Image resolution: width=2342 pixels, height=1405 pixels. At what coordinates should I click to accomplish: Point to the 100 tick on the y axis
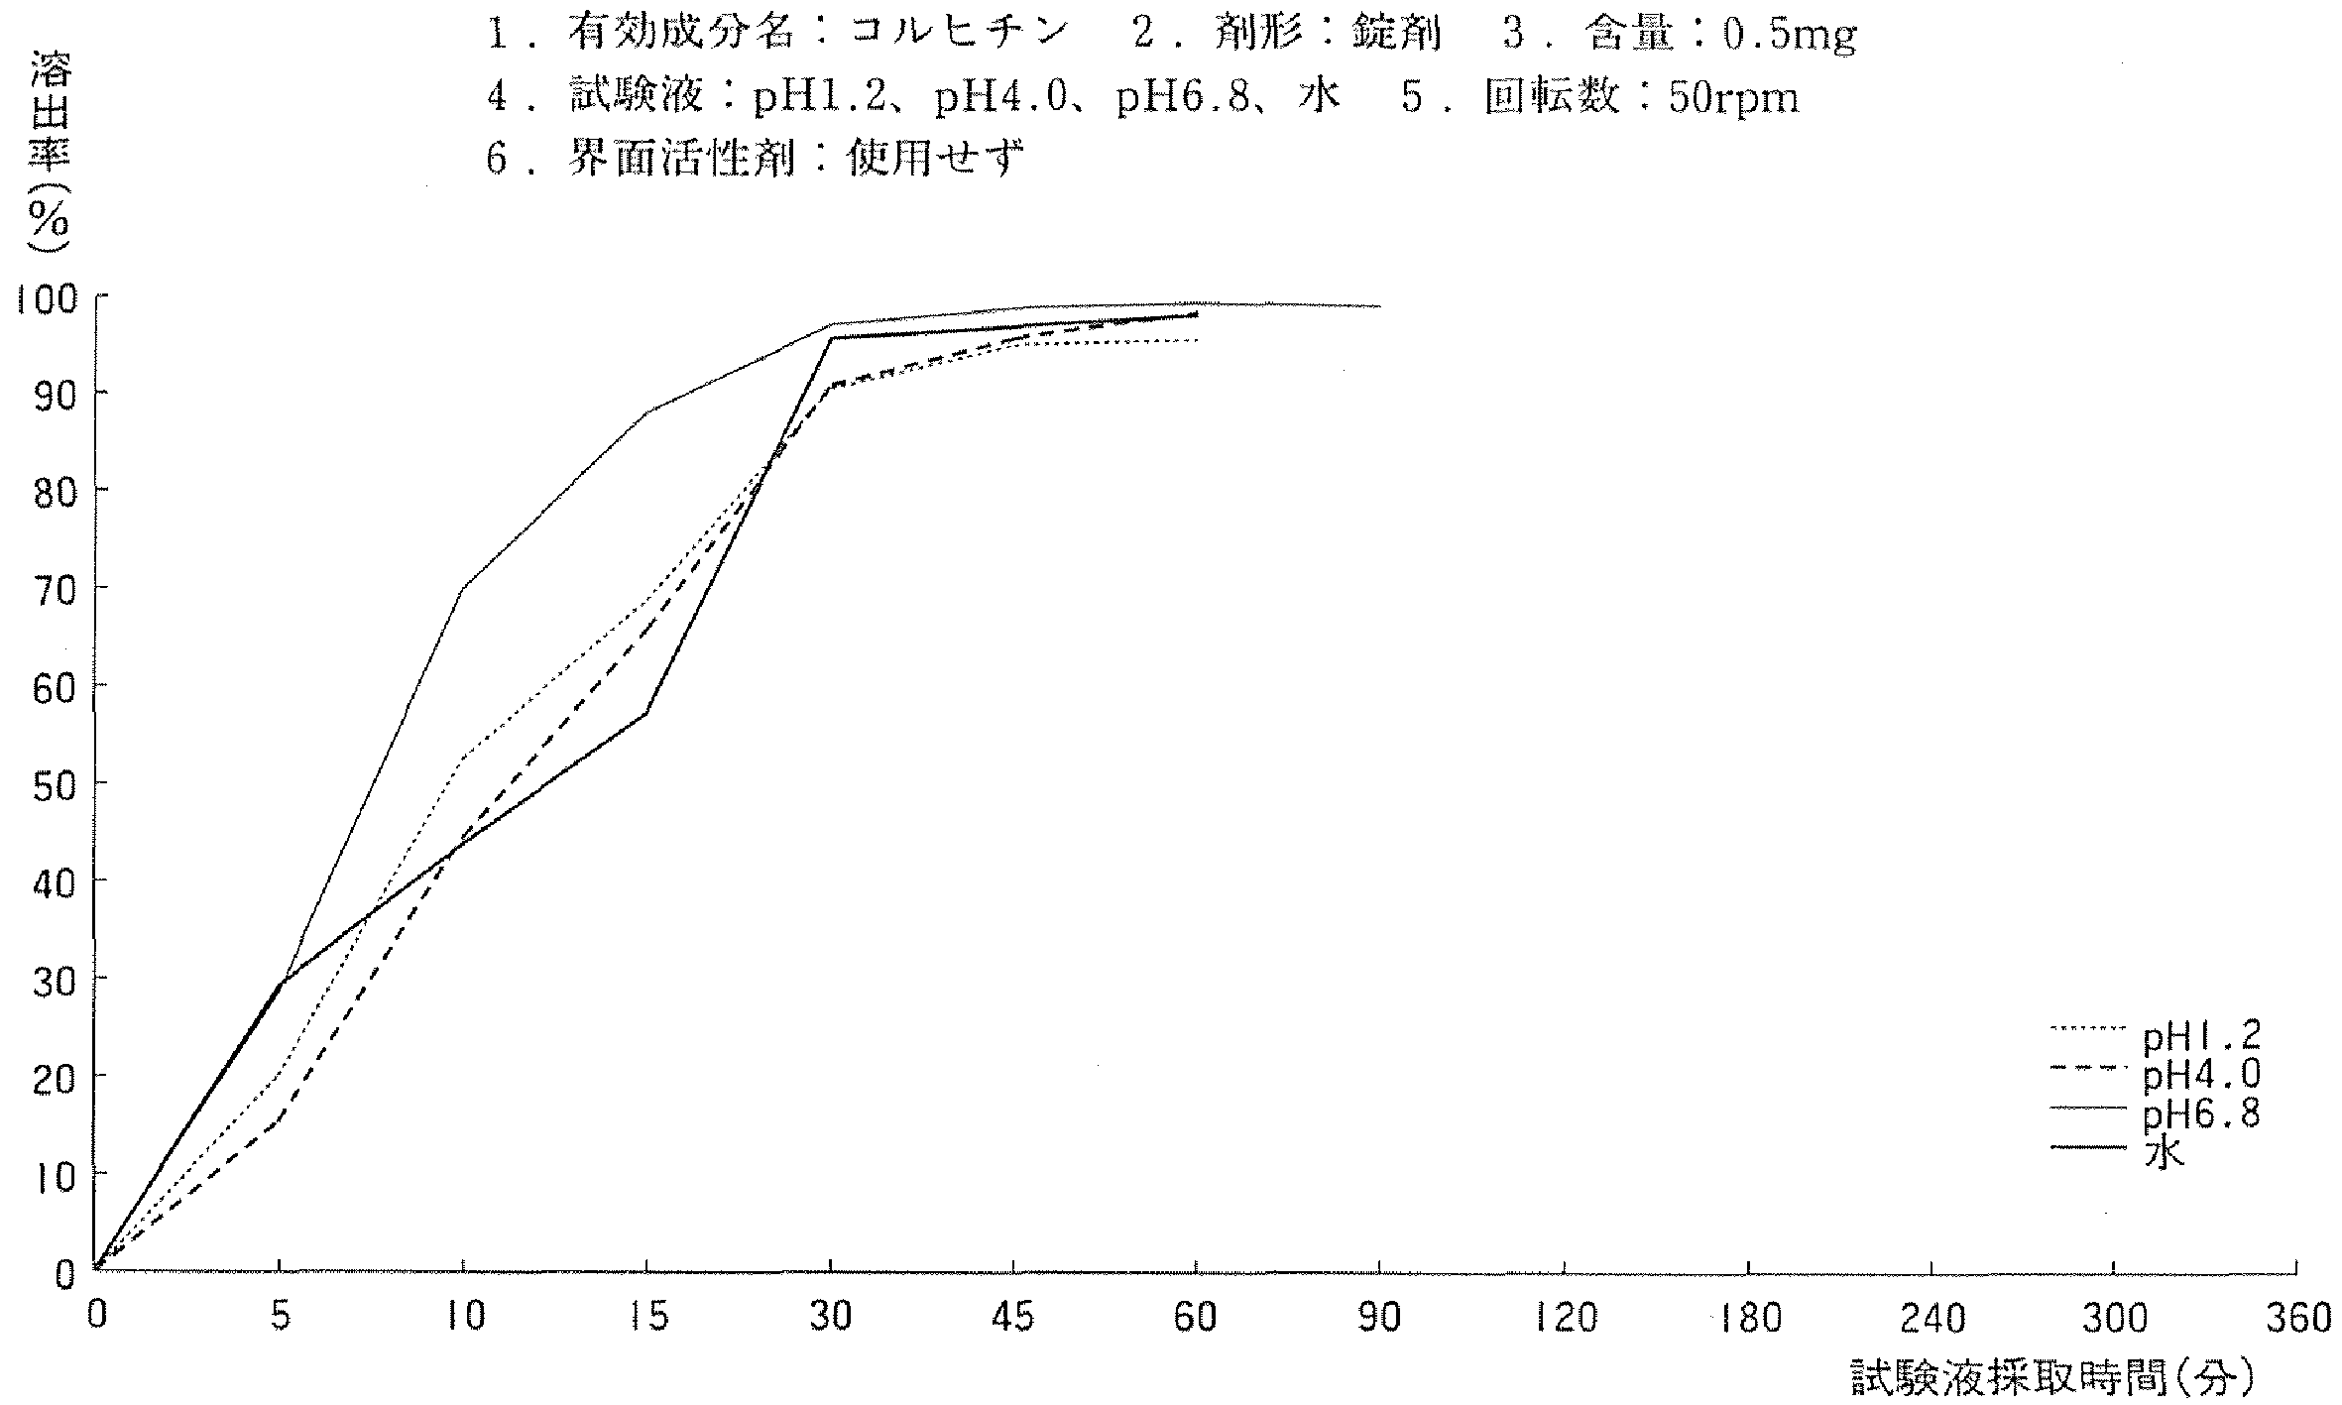pyautogui.click(x=44, y=298)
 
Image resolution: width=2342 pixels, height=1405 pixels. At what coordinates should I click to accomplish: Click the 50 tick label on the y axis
pyautogui.click(x=55, y=784)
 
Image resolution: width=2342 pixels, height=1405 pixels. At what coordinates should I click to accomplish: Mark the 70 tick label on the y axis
pyautogui.click(x=55, y=590)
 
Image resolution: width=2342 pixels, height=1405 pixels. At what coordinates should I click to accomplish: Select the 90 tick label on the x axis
pyautogui.click(x=1379, y=1318)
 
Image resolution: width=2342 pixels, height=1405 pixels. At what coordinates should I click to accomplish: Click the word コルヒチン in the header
pyautogui.click(x=958, y=35)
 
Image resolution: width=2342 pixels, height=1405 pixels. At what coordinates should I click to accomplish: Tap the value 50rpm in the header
pyautogui.click(x=1733, y=98)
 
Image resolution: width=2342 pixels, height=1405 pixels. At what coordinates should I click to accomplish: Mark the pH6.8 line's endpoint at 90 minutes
pyautogui.click(x=1379, y=306)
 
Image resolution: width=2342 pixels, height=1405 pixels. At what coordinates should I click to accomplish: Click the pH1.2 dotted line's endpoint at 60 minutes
pyautogui.click(x=1197, y=341)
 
